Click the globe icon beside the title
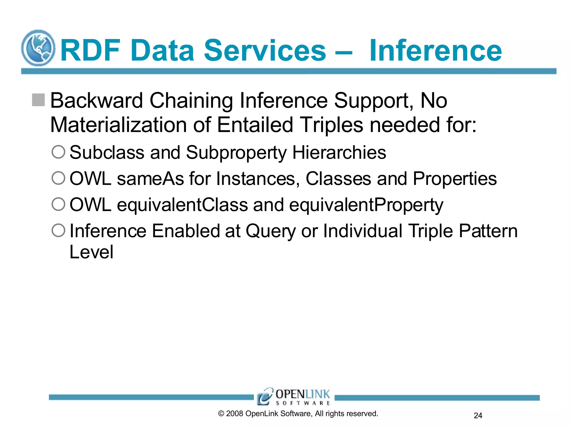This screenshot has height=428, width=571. [x=38, y=48]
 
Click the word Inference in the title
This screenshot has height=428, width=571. [x=435, y=50]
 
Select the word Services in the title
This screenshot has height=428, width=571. [x=265, y=50]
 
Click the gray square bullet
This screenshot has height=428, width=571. [x=38, y=100]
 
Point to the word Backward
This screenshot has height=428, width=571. [x=96, y=101]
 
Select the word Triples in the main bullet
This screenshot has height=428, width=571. [x=332, y=125]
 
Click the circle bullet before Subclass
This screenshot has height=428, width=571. [x=59, y=152]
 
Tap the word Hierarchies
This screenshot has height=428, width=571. [x=339, y=153]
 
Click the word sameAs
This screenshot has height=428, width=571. [x=150, y=179]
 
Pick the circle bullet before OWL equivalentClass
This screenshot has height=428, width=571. [x=59, y=204]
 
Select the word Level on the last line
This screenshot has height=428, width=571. [x=91, y=252]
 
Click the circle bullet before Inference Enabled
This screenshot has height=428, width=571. [x=59, y=230]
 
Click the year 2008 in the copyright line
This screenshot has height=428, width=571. [x=234, y=414]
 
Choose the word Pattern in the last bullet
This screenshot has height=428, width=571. [x=488, y=231]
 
